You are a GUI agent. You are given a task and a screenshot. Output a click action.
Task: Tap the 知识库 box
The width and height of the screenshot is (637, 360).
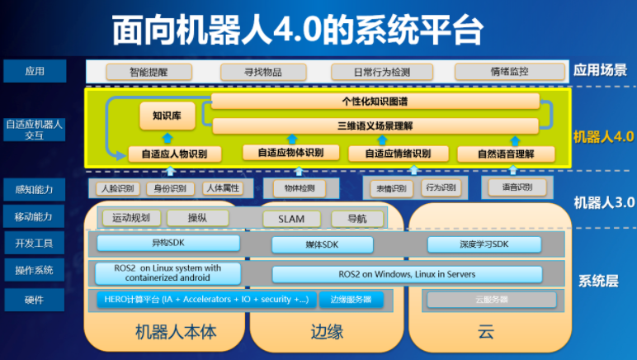tap(167, 116)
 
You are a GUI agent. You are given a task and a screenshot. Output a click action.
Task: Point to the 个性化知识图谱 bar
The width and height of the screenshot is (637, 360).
tap(375, 102)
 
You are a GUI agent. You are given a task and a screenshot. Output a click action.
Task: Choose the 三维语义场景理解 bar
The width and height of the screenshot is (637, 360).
tap(375, 126)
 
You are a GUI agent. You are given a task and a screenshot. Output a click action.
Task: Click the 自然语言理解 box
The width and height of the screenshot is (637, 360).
tap(507, 154)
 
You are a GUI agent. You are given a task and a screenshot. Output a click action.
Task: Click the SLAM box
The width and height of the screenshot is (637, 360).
tap(290, 219)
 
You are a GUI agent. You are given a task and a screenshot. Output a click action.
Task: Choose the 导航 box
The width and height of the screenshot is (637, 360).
tap(352, 219)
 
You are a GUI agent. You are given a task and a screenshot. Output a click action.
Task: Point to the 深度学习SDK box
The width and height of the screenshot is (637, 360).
tap(484, 244)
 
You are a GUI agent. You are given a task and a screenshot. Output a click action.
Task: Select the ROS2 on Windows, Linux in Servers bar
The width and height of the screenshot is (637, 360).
tap(407, 273)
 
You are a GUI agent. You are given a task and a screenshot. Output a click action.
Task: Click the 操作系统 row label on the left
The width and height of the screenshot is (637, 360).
tap(35, 270)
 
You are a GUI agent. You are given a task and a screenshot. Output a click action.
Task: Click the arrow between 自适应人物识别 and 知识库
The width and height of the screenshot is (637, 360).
tap(167, 138)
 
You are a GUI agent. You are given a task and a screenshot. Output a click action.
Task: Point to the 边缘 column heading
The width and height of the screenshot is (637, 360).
tap(327, 333)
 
